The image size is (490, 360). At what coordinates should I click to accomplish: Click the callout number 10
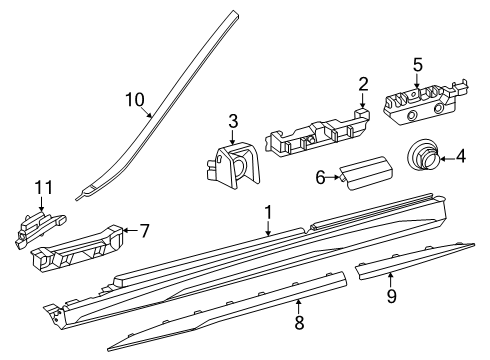135,100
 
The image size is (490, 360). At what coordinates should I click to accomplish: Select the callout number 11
44,188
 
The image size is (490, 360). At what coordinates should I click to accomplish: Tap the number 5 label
417,65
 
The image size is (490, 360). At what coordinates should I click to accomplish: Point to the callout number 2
363,84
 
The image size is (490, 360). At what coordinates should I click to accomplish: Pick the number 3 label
233,121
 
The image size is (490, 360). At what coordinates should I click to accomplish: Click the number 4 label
461,156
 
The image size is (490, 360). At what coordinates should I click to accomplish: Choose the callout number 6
320,177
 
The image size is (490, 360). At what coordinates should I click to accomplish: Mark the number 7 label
144,231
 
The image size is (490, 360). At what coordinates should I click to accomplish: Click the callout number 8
299,322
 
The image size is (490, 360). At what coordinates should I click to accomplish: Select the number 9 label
392,296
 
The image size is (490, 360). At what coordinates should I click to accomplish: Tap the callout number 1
268,213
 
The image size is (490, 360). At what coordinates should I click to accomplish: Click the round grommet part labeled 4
422,154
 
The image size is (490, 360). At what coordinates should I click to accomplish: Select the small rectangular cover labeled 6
366,173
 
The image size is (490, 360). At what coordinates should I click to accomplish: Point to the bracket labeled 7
77,247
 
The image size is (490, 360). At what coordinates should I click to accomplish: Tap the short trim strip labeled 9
415,261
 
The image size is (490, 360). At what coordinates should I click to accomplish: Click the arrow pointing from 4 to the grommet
447,158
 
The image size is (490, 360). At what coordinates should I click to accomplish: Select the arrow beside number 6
333,178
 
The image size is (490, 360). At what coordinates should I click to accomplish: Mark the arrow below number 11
41,204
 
